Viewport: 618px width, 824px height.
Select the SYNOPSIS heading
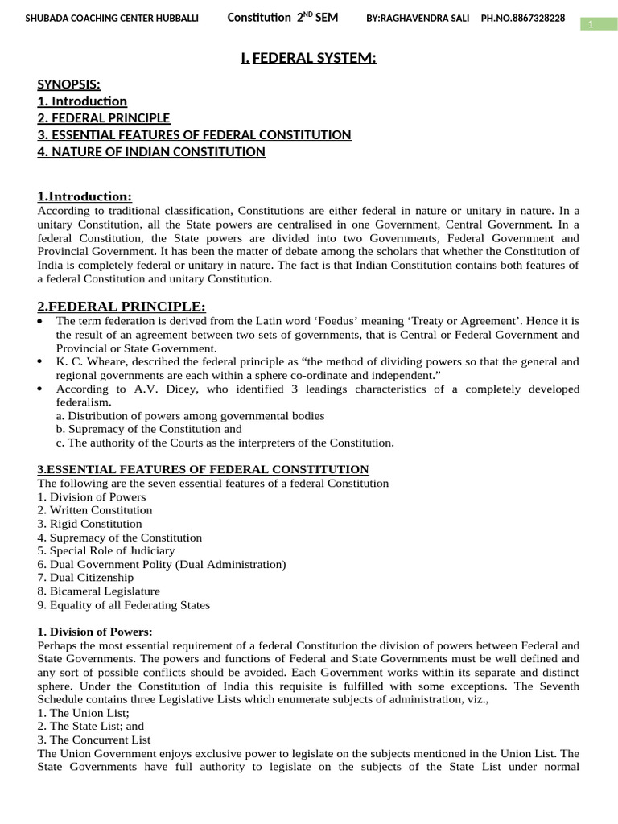coord(69,84)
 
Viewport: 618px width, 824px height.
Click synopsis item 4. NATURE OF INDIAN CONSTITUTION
coord(151,151)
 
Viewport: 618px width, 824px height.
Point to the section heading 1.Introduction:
coord(84,197)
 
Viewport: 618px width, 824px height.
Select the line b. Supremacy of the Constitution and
coord(149,430)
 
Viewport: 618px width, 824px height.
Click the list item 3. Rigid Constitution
coord(89,524)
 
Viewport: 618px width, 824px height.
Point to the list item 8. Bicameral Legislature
coord(98,591)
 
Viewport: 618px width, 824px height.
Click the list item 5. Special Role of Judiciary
coord(106,551)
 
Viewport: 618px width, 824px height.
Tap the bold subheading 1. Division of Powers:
coord(95,632)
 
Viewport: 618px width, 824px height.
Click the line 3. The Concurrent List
coord(94,740)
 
